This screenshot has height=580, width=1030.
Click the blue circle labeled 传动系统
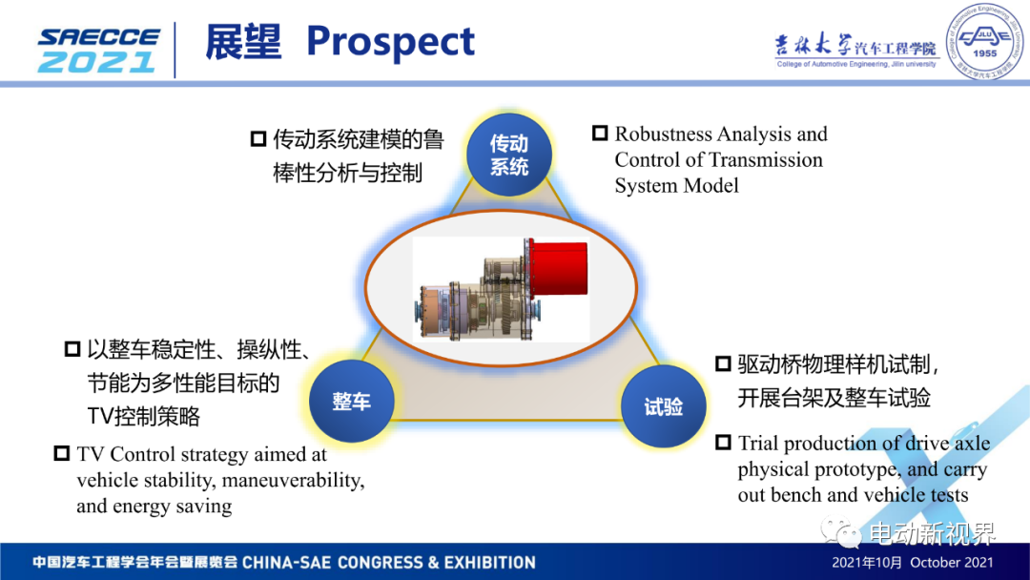tap(509, 155)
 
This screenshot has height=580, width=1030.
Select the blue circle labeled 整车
tap(351, 401)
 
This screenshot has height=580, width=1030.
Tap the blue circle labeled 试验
tap(664, 406)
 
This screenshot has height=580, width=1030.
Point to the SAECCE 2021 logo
tap(98, 50)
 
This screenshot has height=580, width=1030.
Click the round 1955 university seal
tap(983, 42)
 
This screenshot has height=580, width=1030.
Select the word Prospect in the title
tap(390, 42)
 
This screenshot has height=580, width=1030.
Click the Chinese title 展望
tap(243, 41)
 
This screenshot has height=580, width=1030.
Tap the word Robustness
tap(663, 134)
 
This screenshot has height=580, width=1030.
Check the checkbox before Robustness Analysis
tap(600, 133)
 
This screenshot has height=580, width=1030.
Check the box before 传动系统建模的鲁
tap(258, 138)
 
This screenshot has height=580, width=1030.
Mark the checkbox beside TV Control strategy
tap(62, 453)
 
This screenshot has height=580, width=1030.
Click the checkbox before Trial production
tap(723, 442)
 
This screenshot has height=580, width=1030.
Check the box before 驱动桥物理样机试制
tap(723, 363)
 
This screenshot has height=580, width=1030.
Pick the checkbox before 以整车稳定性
tap(72, 349)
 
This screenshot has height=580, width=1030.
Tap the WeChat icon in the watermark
tap(840, 532)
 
